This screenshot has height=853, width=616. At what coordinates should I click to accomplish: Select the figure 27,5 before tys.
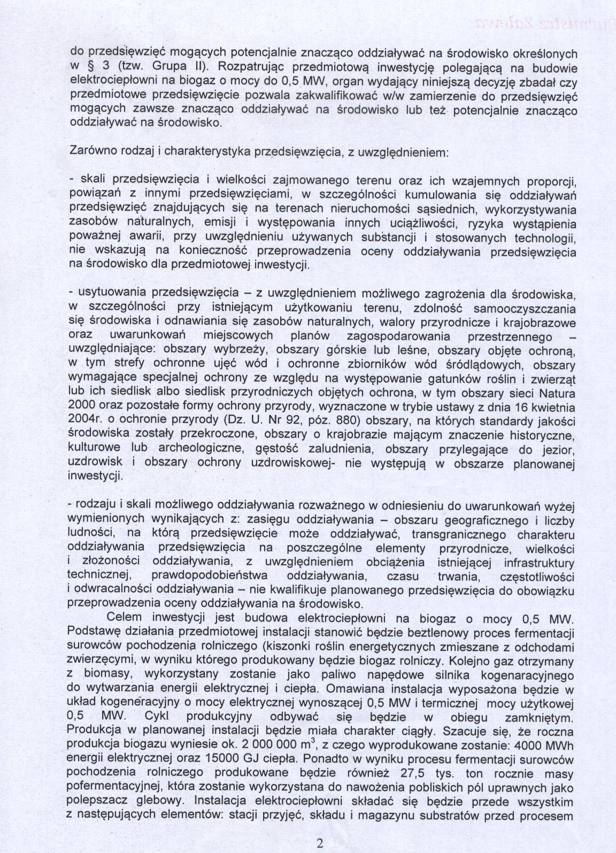coord(413,772)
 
